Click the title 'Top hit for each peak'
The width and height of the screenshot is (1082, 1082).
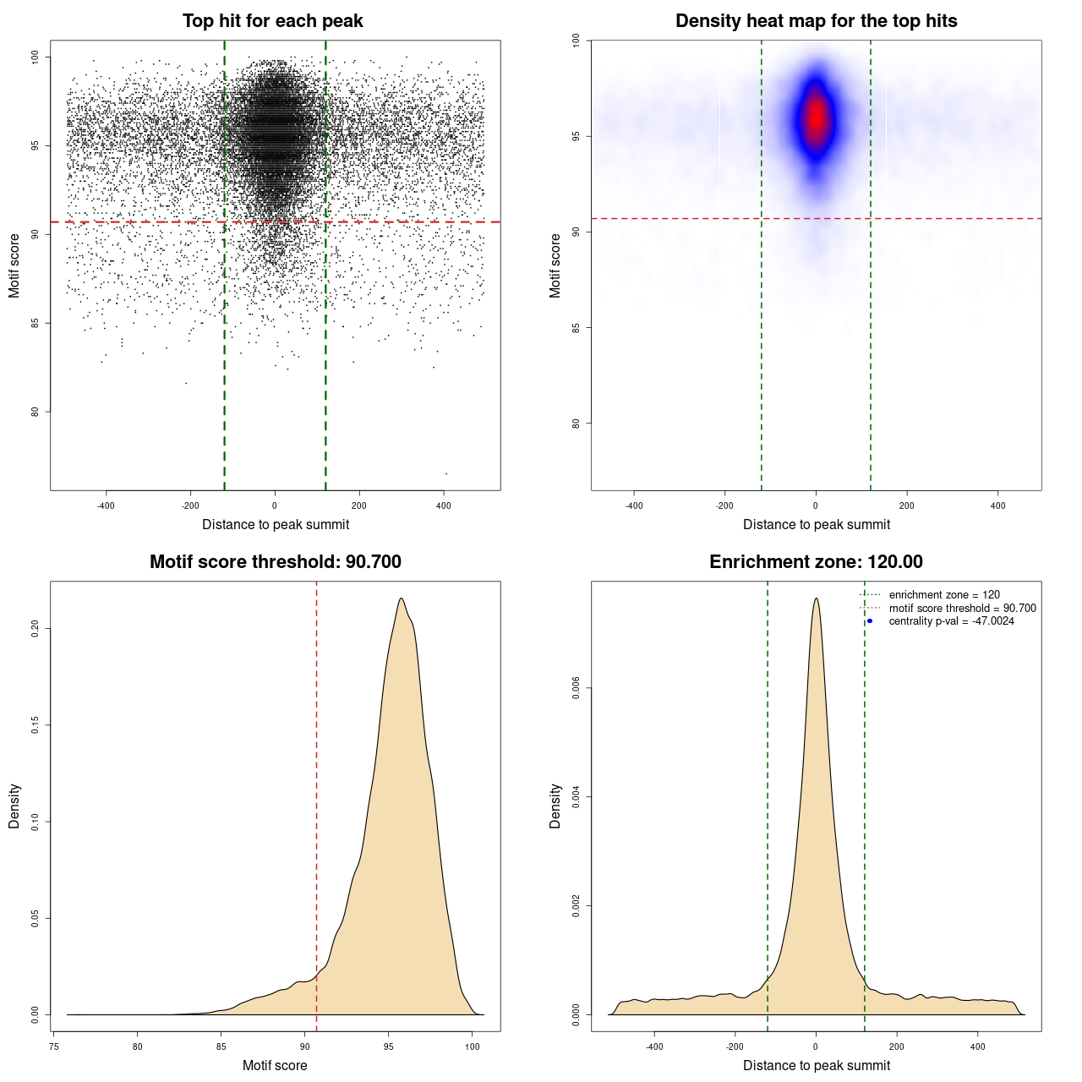click(272, 21)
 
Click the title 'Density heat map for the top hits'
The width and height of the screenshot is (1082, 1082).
click(816, 21)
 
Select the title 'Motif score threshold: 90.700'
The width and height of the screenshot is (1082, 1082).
click(275, 562)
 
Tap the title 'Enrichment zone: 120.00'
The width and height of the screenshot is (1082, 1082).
click(816, 562)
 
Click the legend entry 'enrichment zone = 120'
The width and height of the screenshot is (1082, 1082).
click(944, 595)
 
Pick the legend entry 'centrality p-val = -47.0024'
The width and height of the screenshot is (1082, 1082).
click(951, 621)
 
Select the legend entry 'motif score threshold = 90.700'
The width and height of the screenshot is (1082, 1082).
click(962, 609)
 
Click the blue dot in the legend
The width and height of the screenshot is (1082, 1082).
click(870, 621)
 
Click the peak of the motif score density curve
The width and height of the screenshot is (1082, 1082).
click(402, 598)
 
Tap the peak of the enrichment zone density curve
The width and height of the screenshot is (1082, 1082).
click(816, 598)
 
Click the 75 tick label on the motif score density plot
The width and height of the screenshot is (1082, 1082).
click(54, 1046)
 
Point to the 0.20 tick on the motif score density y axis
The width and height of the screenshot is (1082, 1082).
click(35, 629)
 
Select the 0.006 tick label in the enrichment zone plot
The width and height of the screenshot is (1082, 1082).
click(576, 688)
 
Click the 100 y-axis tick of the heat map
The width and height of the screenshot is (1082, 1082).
click(576, 40)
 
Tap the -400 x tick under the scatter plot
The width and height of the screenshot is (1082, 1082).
click(106, 505)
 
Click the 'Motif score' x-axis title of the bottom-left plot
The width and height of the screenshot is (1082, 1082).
click(275, 1065)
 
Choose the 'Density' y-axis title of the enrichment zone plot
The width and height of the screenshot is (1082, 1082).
click(555, 806)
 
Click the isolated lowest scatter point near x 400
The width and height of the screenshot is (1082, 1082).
click(446, 473)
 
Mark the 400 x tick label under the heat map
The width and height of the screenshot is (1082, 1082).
click(998, 505)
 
